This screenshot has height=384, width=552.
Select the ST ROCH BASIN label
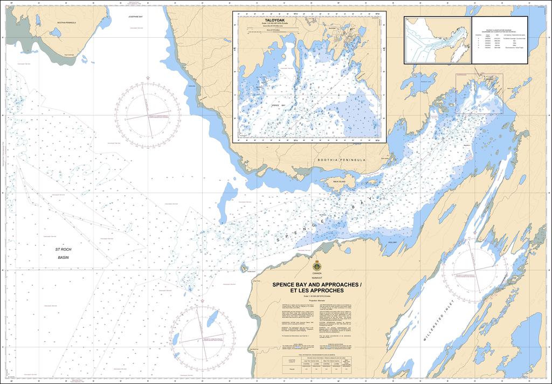pos(63,253)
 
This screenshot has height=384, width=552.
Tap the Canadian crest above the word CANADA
pos(316,265)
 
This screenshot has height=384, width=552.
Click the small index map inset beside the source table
pos(438,40)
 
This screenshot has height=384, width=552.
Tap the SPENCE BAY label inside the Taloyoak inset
pos(279,106)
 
